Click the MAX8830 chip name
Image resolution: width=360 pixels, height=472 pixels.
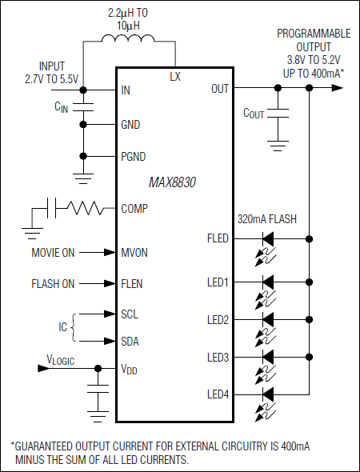tap(172, 182)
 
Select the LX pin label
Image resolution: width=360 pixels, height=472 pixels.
tap(175, 77)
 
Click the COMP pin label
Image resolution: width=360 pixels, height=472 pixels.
tap(134, 209)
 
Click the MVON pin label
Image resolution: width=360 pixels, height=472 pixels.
tap(134, 253)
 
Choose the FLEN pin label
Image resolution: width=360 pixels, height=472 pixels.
tap(133, 283)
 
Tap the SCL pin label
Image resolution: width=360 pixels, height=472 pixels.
tap(130, 314)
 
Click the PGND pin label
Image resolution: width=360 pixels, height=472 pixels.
tap(134, 156)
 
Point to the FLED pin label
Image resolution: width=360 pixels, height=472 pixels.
tap(217, 238)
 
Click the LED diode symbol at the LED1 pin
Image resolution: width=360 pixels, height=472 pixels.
tap(268, 282)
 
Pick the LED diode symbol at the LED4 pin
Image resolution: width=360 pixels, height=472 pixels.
tap(268, 394)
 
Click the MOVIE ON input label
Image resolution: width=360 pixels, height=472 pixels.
tap(53, 253)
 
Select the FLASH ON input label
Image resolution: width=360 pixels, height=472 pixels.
tap(53, 283)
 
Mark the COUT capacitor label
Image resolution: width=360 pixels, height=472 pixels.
tap(254, 114)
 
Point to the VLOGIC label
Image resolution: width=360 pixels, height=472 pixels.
tap(60, 361)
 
